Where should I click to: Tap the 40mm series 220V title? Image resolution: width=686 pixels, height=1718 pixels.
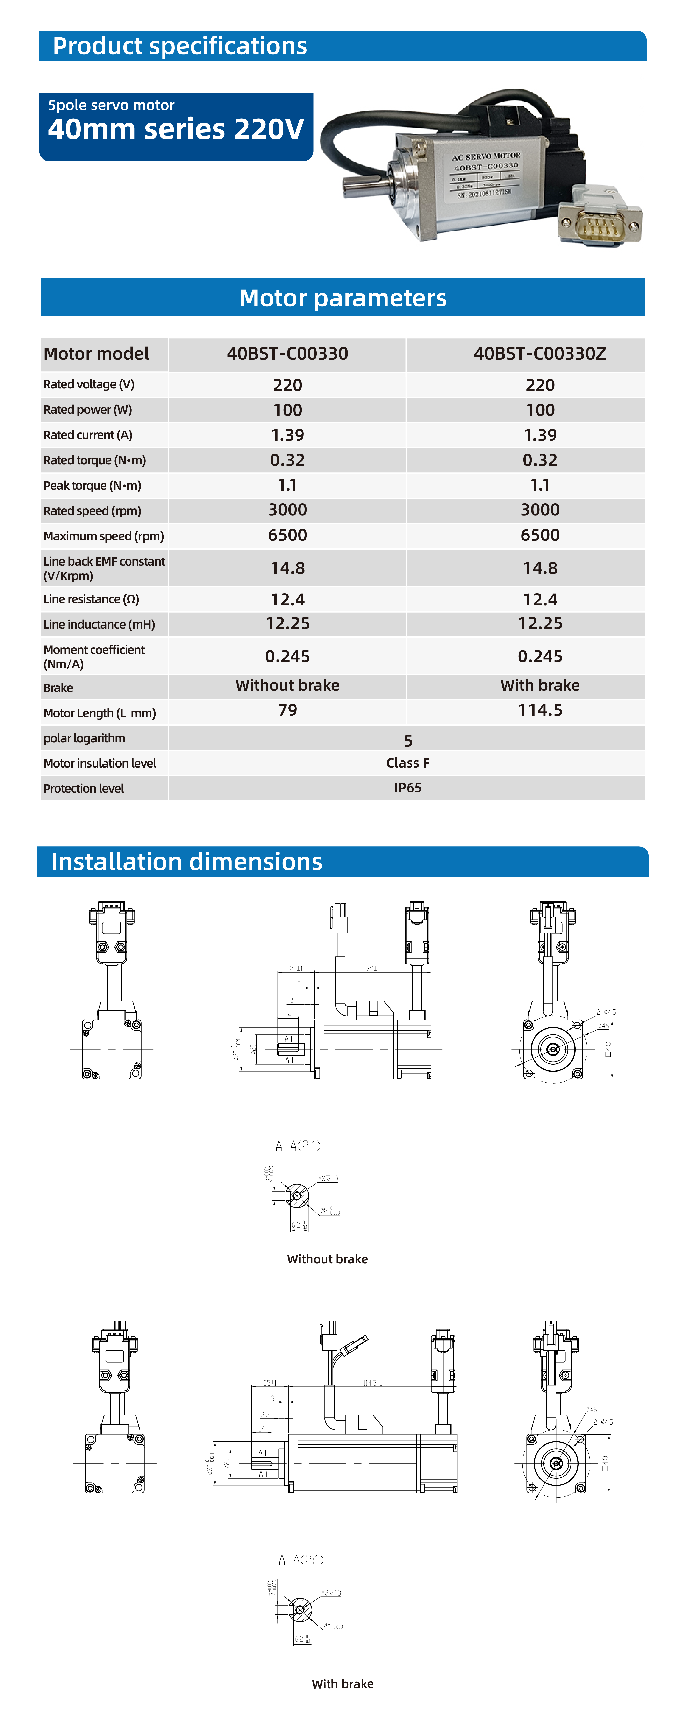point(176,129)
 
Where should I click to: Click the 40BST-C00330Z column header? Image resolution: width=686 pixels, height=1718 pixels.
point(540,353)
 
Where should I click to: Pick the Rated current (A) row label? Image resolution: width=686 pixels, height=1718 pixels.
point(88,435)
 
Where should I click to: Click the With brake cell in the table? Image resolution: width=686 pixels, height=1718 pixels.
point(540,685)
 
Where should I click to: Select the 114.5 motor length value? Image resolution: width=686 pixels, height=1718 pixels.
point(540,710)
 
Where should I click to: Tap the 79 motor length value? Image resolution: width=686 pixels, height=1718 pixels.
point(287,710)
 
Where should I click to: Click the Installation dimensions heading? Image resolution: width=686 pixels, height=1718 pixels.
point(187,862)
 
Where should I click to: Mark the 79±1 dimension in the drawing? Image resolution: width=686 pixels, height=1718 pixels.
point(373,968)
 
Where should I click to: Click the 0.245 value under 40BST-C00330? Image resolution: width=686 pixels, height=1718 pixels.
point(287,656)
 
